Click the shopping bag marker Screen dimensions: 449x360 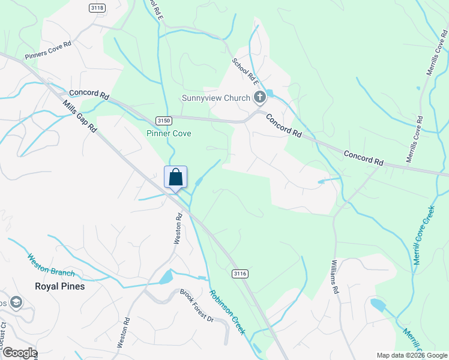(175, 178)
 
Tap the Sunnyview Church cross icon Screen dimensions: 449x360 (260, 97)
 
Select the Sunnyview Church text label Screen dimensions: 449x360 (216, 98)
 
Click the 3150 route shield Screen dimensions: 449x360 (163, 121)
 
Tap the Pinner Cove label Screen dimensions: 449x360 (169, 133)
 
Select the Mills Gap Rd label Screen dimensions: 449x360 (79, 116)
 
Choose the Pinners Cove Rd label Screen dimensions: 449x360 (48, 50)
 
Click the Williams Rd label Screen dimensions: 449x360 (334, 277)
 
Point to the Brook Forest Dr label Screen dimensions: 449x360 (197, 305)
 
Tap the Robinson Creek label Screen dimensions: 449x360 (227, 313)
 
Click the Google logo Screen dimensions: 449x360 (19, 353)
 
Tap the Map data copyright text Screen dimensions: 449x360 (411, 355)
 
